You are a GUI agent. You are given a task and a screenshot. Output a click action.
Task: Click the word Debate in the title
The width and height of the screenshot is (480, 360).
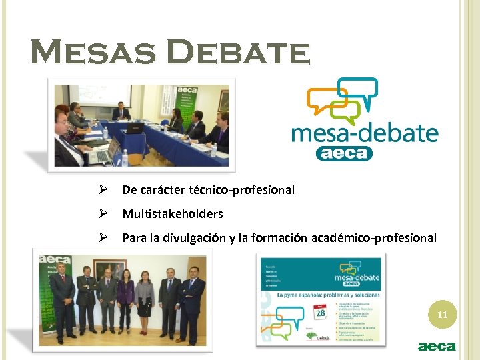click(x=236, y=52)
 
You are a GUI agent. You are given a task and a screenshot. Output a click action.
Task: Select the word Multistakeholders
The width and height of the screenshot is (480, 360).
click(x=172, y=214)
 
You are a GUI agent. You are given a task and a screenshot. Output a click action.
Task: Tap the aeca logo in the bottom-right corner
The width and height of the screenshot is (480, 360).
click(x=436, y=347)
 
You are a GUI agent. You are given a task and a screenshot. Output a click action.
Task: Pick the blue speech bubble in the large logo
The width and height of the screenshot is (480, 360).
click(x=358, y=91)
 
